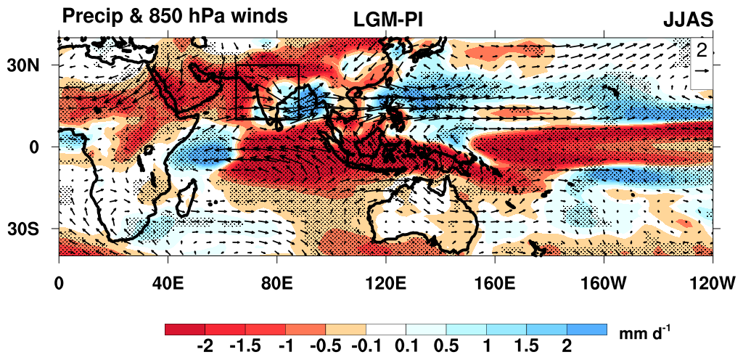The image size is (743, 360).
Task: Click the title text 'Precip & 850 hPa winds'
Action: point(175,15)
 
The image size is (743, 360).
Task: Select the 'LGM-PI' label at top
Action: point(388,20)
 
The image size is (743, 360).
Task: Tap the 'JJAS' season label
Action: point(689,20)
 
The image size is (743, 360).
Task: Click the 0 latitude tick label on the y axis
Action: point(43,147)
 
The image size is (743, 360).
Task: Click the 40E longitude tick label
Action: point(167,282)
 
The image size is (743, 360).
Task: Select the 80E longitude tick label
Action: point(276,282)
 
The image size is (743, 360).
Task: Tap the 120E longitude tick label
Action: point(385,282)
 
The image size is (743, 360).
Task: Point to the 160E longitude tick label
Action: point(494,282)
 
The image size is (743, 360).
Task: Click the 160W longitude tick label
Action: point(603,282)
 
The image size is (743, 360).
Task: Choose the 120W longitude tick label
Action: point(712,282)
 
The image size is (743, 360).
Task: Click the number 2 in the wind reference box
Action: point(702,50)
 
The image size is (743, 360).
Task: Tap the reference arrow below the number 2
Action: point(702,70)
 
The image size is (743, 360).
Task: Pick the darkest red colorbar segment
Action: point(185,329)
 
